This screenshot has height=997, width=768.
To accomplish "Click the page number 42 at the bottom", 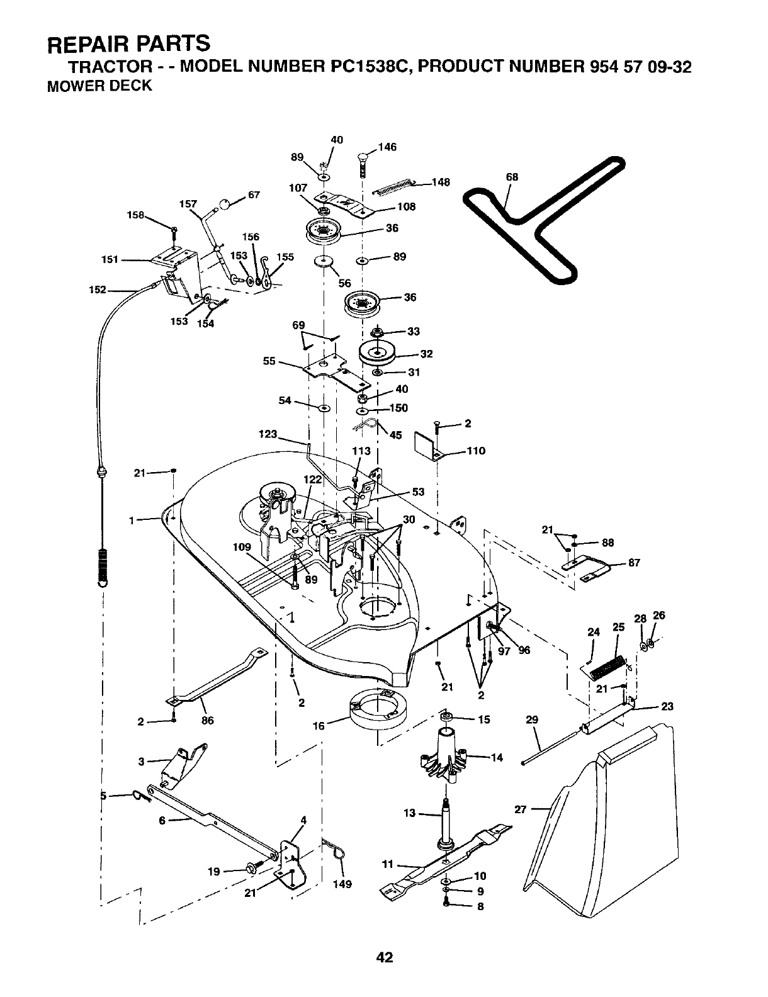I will pos(384,957).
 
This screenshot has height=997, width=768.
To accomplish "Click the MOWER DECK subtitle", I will pos(100,86).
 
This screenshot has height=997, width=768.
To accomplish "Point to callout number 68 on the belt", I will pos(512,177).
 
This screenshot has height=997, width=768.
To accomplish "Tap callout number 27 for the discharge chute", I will pos(520,809).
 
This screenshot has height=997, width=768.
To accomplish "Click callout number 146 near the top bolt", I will pos(388,147).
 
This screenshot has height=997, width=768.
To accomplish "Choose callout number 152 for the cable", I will pos(98,290).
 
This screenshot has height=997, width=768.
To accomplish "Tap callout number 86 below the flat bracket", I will pos(207,721).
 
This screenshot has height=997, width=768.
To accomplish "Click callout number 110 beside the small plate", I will pos(475,451).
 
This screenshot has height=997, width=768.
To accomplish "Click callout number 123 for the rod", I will pos(269,434).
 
